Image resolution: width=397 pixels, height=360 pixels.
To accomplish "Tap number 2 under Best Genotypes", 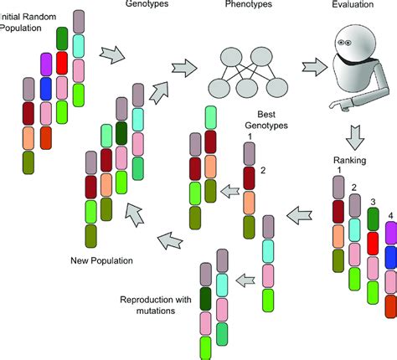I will pos(262,169).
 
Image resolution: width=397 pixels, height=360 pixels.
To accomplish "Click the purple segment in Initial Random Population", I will pos(46,64).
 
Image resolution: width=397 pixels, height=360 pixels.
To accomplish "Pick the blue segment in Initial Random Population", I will pos(46,88).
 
